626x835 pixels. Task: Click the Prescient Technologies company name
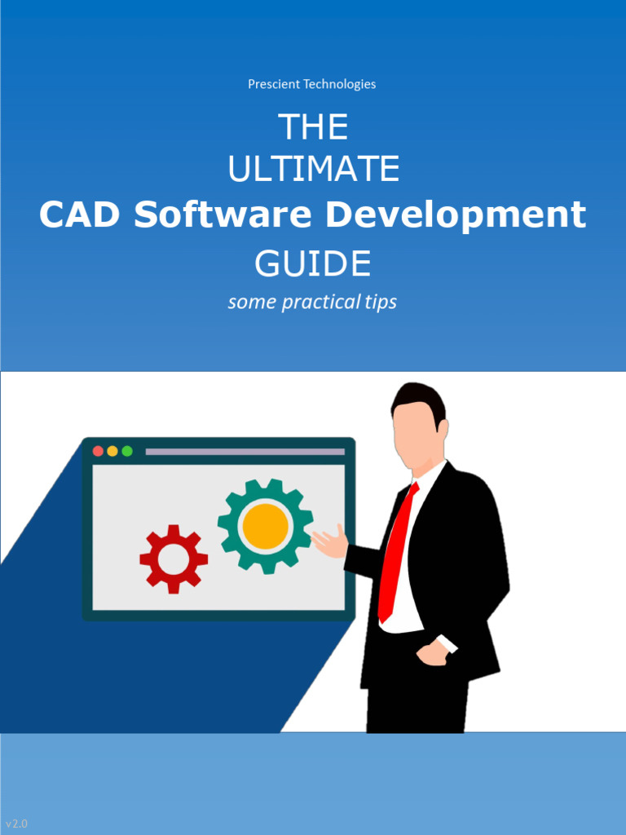tap(312, 84)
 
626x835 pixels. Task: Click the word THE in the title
tap(313, 127)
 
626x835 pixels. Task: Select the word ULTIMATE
tap(313, 170)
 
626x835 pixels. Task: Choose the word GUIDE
tap(313, 263)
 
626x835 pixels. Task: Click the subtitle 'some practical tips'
tap(312, 303)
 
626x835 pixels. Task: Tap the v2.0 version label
tap(16, 824)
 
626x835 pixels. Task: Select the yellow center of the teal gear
tap(265, 526)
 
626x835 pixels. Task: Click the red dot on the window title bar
tap(98, 451)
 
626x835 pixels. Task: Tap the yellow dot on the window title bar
tap(112, 451)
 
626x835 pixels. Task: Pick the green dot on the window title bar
tap(127, 451)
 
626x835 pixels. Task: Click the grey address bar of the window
tap(245, 451)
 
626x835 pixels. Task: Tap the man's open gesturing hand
tap(330, 542)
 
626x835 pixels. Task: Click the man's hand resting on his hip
tap(432, 652)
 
